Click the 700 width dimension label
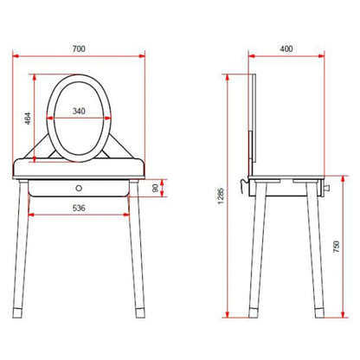coord(79,48)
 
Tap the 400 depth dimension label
coord(286,48)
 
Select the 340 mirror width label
coord(79,111)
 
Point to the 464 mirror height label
coord(28,119)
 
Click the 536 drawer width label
coord(79,208)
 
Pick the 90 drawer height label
coord(155,188)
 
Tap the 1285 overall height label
coord(221,196)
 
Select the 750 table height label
coord(337,247)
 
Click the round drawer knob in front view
coord(79,188)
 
